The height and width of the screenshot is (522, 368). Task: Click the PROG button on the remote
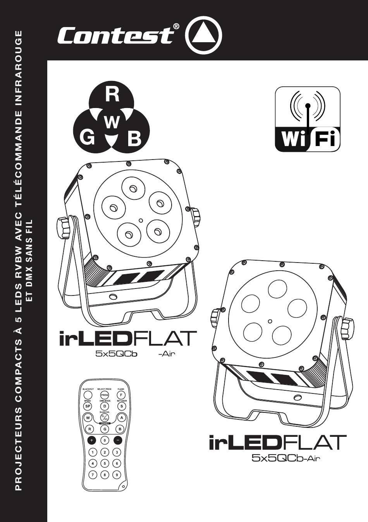point(105,395)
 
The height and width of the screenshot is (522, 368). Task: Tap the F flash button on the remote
point(121,395)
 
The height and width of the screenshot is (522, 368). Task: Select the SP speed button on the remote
point(88,406)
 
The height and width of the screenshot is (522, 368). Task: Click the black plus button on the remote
point(91,440)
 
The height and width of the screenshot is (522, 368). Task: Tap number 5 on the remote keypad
point(105,463)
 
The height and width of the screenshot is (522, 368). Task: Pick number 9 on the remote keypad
point(117,474)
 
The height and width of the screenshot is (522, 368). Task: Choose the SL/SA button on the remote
point(105,418)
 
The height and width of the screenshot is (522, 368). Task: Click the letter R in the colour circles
point(112,95)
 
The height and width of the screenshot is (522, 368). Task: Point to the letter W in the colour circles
point(112,123)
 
